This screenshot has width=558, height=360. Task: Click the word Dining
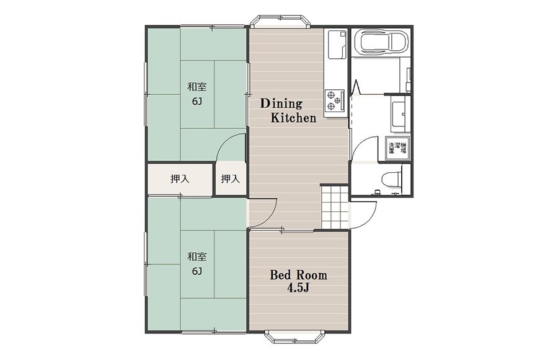click(281, 104)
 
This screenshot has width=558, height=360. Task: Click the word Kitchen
click(294, 118)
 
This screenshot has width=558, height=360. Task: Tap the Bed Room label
click(298, 275)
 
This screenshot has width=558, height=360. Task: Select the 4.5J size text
click(298, 288)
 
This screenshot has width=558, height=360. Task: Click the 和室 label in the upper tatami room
click(197, 87)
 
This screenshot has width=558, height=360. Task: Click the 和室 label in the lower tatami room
click(197, 257)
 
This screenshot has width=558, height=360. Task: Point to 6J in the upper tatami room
click(197, 102)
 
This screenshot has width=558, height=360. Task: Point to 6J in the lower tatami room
click(197, 271)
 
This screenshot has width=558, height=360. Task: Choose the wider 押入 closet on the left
click(180, 179)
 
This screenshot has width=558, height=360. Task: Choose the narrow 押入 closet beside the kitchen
click(231, 178)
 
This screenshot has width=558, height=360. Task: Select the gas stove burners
click(335, 100)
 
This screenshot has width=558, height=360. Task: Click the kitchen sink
click(336, 45)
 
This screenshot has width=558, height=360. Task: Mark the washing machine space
click(398, 147)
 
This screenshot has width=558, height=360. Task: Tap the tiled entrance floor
click(335, 207)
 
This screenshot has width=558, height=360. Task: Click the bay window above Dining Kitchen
click(280, 22)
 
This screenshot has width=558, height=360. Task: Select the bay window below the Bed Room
click(295, 337)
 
